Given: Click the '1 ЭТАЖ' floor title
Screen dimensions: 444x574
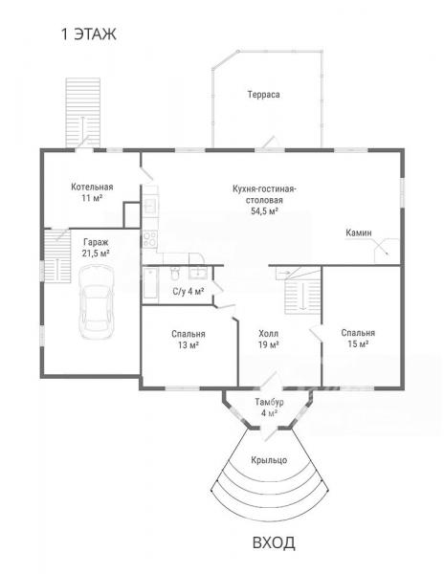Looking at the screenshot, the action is tap(89, 34).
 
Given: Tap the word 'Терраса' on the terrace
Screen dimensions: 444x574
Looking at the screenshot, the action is tap(263, 95).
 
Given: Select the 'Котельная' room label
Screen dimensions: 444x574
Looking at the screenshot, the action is tap(92, 188).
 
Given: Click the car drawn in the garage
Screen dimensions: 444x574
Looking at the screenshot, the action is tap(97, 302).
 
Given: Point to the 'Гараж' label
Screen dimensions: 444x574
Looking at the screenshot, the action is tap(96, 242).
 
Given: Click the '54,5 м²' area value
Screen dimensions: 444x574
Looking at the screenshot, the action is tap(264, 210).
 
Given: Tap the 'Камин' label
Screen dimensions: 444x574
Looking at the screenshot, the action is tap(358, 232).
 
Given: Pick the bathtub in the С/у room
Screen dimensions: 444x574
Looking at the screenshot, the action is tap(150, 283).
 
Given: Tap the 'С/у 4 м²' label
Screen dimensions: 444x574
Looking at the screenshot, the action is tap(189, 292).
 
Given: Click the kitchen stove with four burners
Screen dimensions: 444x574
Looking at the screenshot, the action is tap(150, 238).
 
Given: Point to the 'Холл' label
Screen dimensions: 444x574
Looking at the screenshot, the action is tap(268, 334).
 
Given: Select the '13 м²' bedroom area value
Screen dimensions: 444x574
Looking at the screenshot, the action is tap(189, 344).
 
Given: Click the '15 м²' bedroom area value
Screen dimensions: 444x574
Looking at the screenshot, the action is tap(358, 344).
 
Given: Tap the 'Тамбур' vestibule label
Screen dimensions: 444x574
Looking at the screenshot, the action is tap(270, 402).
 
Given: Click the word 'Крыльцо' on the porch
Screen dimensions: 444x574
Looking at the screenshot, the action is tap(269, 460).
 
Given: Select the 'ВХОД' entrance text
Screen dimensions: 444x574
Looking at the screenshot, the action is tap(274, 542).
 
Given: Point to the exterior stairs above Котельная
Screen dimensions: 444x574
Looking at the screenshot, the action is tap(83, 112).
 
